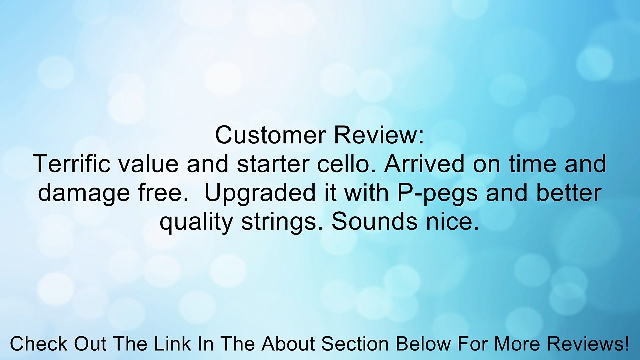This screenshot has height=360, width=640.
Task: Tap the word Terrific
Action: point(71,165)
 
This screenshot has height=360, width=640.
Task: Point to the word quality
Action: point(197,222)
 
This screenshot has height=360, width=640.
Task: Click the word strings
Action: point(282,222)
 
